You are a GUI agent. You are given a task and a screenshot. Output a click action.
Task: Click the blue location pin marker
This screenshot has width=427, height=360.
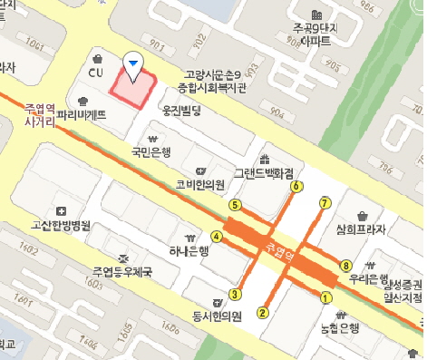(133, 62)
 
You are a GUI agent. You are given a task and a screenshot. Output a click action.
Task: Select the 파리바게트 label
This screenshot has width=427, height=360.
(81, 115)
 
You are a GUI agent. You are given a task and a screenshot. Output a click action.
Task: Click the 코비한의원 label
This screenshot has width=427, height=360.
(200, 185)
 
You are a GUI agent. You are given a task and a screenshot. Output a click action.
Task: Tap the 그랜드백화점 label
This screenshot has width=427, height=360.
(264, 171)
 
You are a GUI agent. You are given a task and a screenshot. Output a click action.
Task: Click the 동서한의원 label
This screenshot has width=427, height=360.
(216, 316)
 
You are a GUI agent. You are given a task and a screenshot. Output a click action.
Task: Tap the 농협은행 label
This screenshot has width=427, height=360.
(339, 327)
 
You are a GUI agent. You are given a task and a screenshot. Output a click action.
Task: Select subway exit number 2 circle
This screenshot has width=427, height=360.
(263, 313)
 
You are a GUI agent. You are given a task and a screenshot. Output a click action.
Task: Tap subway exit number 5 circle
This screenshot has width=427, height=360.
(235, 205)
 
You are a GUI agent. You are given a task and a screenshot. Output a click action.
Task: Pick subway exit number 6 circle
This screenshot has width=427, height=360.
(296, 187)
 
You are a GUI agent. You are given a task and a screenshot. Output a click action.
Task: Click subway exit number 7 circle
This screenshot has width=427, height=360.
(325, 202)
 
